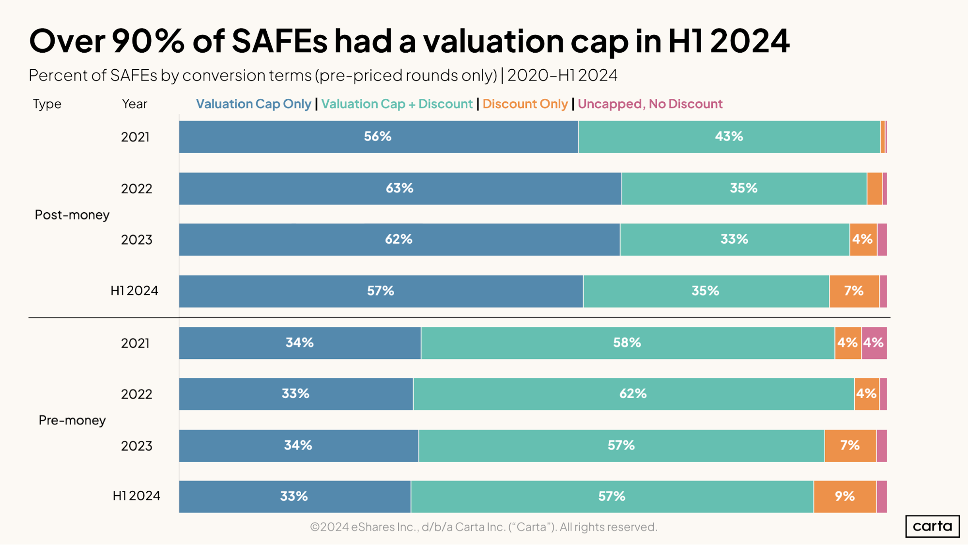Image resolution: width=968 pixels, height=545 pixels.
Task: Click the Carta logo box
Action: [932, 526]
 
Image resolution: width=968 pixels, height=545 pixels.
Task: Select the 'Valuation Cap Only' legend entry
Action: [253, 104]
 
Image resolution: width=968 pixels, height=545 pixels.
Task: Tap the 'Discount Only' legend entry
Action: [525, 104]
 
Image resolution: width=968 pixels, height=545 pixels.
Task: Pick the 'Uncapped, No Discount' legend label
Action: [650, 104]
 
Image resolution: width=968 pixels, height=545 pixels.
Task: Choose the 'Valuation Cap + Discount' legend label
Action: [397, 104]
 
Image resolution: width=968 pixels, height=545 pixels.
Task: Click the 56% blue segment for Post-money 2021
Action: [378, 137]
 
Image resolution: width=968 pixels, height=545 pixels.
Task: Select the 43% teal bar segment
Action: [729, 137]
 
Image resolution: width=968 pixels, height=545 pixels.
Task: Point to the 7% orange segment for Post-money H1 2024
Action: [854, 291]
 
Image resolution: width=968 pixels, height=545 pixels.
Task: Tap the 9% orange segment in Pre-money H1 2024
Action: [845, 497]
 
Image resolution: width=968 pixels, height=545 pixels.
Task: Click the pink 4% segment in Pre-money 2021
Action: [874, 343]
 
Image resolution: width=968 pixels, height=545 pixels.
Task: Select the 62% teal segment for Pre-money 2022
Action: [633, 394]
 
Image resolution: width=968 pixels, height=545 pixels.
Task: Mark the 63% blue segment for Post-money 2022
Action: [399, 188]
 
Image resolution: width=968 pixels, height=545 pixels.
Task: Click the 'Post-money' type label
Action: [72, 215]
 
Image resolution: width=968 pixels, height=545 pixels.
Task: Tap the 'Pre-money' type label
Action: [72, 420]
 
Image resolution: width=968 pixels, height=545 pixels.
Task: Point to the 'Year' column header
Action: [135, 104]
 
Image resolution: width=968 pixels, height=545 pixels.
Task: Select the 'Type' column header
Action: [47, 104]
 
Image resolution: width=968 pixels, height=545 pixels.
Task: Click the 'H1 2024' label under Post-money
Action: [135, 291]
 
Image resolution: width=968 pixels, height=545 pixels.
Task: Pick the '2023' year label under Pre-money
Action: [137, 446]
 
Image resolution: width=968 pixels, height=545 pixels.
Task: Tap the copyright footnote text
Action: [483, 527]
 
